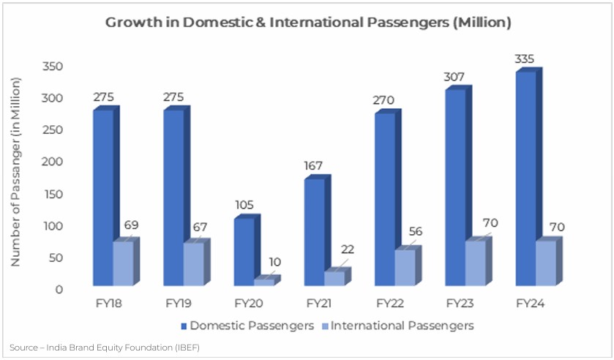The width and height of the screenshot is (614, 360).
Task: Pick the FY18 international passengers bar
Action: pyautogui.click(x=122, y=263)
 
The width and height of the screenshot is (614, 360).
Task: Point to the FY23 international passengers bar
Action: pyautogui.click(x=475, y=263)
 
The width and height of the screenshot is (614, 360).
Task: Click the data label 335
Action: pyautogui.click(x=524, y=59)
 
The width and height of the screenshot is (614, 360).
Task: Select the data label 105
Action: pyautogui.click(x=244, y=204)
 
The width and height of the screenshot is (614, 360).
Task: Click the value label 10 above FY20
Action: pyautogui.click(x=274, y=262)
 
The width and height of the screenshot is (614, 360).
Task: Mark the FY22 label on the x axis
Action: pyautogui.click(x=389, y=304)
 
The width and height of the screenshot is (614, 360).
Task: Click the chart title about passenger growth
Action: pyautogui.click(x=307, y=23)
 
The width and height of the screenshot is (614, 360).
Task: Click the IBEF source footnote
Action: pyautogui.click(x=105, y=347)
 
